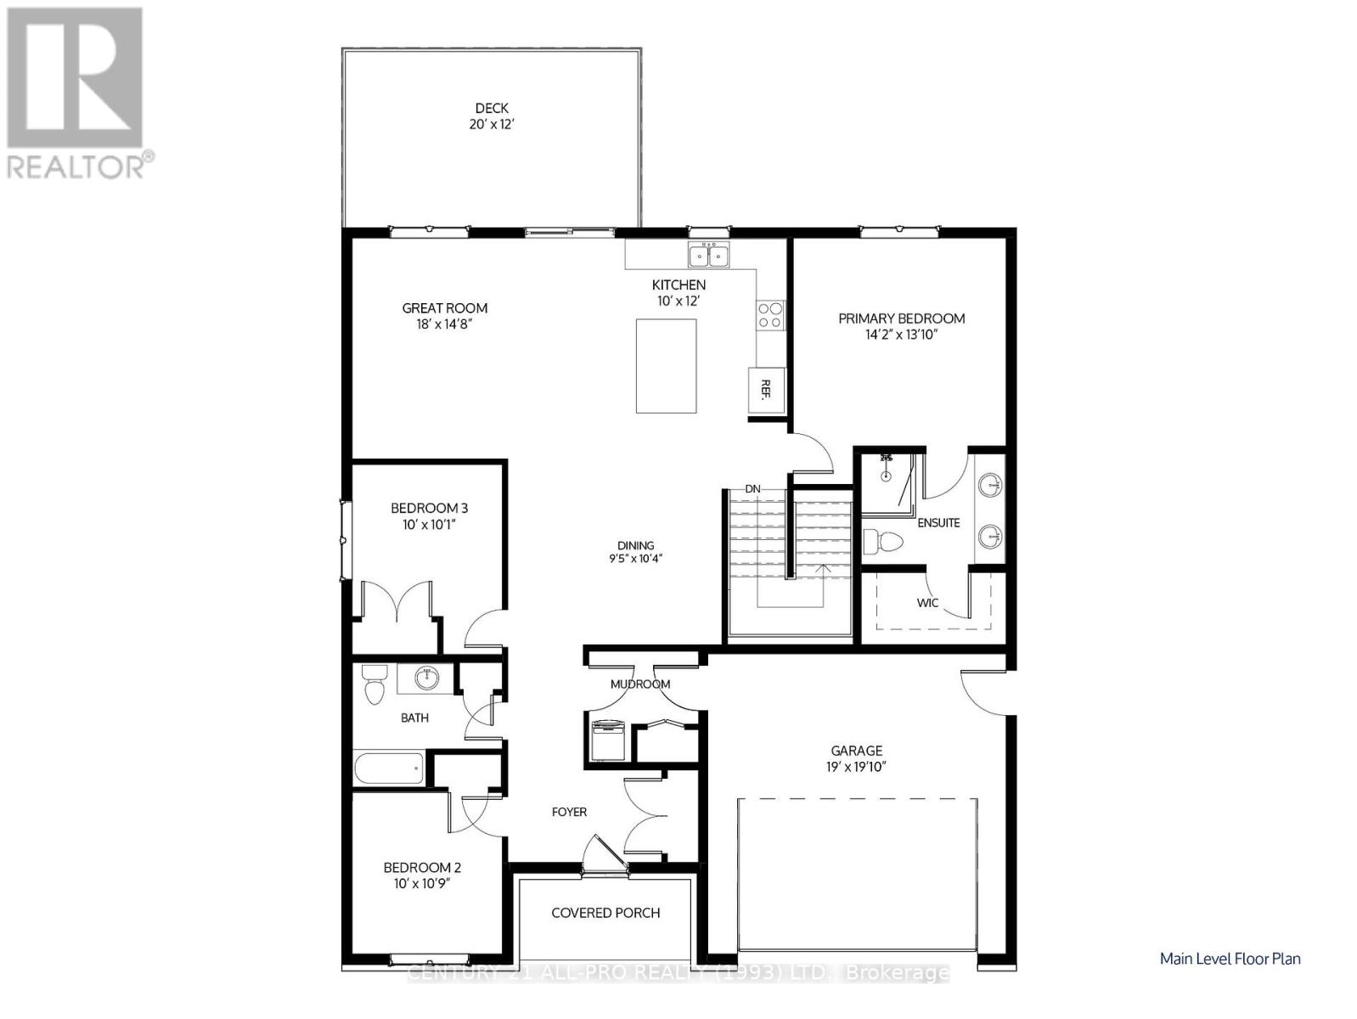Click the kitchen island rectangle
[666, 366]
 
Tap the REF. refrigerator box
[765, 390]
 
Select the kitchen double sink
[709, 255]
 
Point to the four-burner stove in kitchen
[770, 315]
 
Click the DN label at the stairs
[752, 489]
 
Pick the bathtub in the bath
[389, 768]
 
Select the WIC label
[927, 603]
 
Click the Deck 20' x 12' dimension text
[492, 124]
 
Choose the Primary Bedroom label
[901, 318]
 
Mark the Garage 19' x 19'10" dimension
[856, 767]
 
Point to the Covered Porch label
[605, 913]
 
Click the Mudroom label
[640, 684]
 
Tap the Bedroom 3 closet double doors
[397, 602]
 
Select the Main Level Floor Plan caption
[1230, 959]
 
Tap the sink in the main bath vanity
[426, 678]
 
